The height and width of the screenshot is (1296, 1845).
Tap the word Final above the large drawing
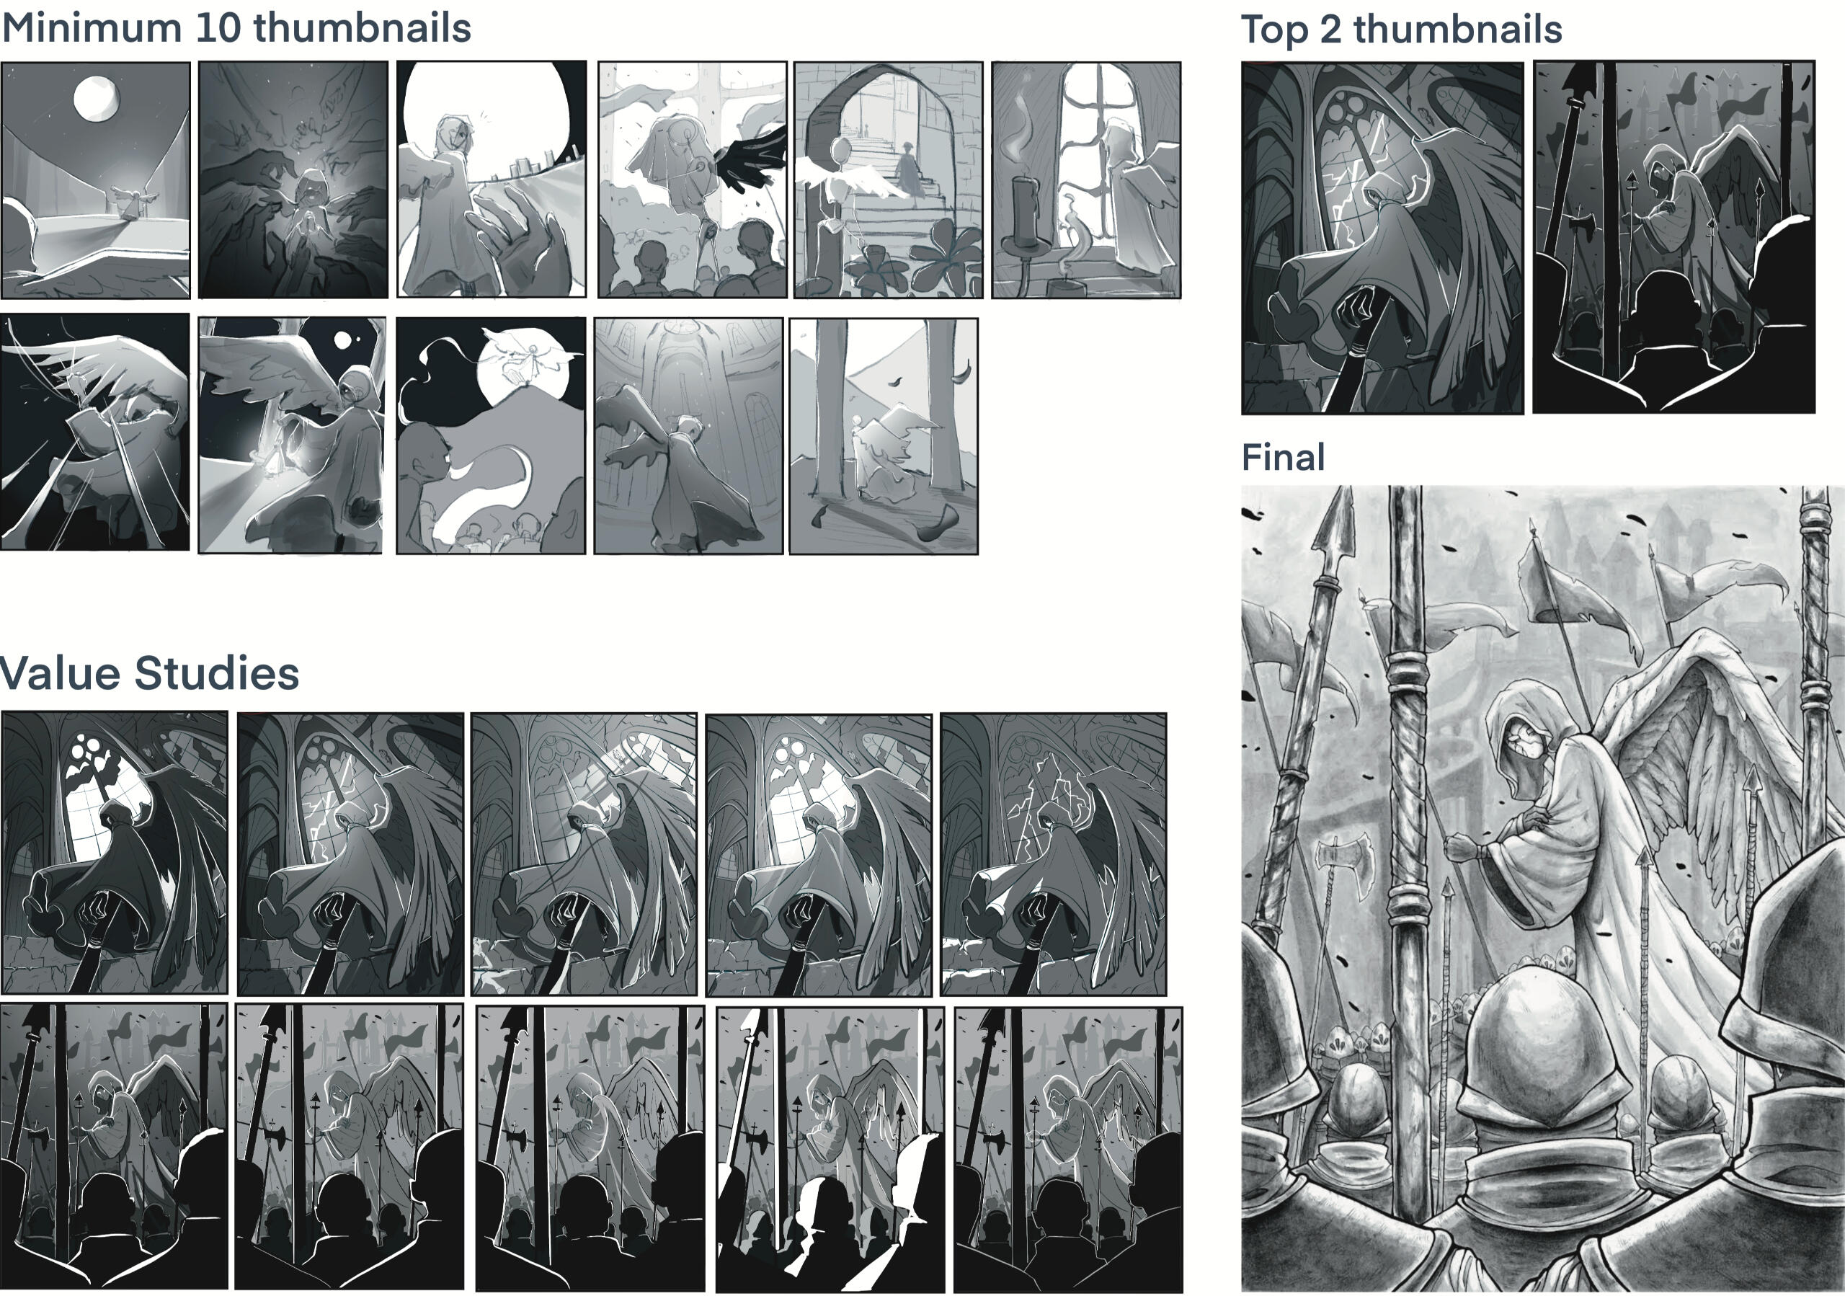[x=1283, y=457]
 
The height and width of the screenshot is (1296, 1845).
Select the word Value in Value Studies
[x=60, y=673]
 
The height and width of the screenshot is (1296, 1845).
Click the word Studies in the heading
[x=216, y=673]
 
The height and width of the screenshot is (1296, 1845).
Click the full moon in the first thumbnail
[x=97, y=98]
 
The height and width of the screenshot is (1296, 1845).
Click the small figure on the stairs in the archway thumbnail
[x=907, y=169]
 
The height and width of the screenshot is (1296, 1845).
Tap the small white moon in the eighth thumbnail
[x=343, y=341]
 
